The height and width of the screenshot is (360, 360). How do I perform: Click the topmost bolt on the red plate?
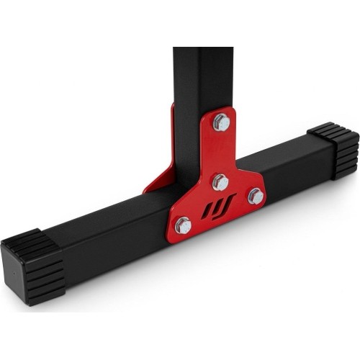[222, 122]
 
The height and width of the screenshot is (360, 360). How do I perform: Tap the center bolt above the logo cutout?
[220, 181]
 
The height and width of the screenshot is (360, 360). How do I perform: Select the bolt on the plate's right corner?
[255, 197]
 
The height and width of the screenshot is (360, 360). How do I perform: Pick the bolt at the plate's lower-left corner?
[183, 225]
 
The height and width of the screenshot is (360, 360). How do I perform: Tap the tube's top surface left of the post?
[108, 209]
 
